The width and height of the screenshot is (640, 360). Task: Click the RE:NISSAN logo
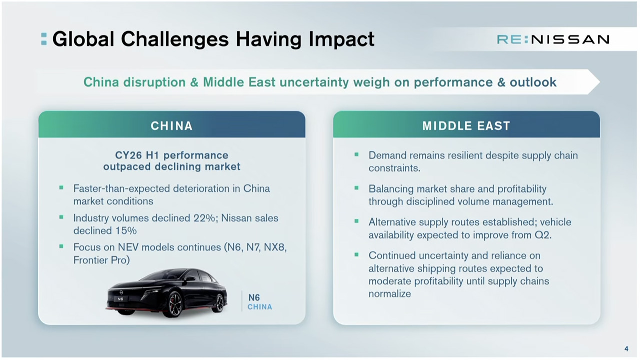coord(553,39)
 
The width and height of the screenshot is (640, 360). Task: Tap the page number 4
coord(626,349)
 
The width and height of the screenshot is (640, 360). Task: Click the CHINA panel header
coord(172,126)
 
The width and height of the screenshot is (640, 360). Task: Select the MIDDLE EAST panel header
coord(466,126)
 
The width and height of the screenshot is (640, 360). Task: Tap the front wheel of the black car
coord(174,306)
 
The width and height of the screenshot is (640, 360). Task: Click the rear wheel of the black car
coord(219,302)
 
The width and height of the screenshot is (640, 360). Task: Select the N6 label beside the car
coord(254,298)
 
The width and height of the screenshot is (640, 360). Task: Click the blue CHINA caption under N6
coord(260,307)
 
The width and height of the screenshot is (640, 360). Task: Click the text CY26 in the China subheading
coord(128,155)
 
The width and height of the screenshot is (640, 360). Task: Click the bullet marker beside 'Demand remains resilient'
coord(356,155)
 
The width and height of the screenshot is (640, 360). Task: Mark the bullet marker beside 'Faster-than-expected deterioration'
coord(61,188)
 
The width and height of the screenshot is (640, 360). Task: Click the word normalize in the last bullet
coord(390,294)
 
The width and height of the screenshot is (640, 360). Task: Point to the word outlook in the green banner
coord(533,82)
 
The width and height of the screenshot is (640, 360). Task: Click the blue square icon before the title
coord(44,39)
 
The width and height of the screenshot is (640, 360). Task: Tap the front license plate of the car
coord(120,299)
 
